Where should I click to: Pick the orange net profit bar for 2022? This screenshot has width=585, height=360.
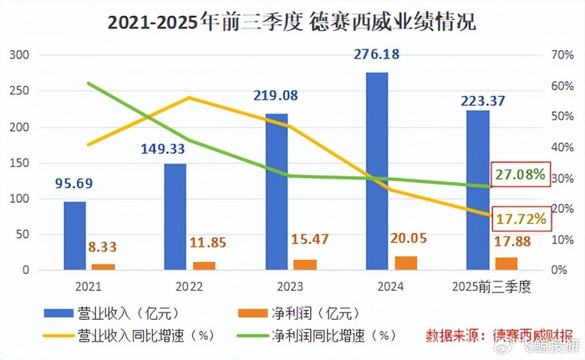tap(204, 266)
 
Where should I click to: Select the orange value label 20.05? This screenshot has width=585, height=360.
tap(405, 239)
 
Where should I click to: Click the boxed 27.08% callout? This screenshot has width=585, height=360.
tap(520, 175)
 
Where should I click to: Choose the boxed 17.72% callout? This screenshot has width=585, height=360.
tap(520, 219)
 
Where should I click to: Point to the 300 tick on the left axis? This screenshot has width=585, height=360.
tap(18, 55)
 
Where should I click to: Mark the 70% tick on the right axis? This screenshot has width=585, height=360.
tap(564, 55)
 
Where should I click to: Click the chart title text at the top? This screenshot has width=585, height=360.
tap(292, 22)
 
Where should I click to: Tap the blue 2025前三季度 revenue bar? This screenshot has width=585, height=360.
tap(478, 190)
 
